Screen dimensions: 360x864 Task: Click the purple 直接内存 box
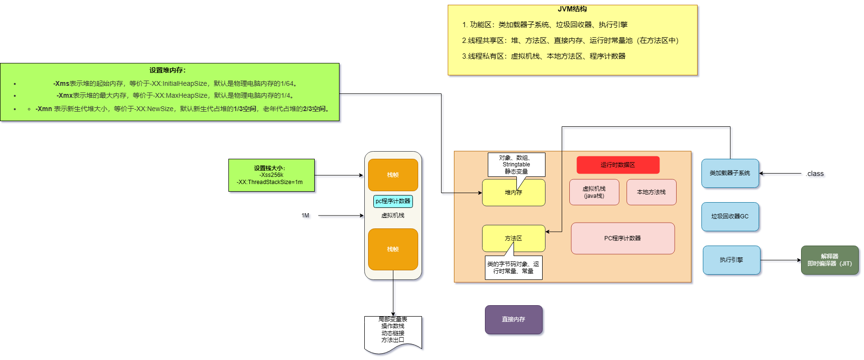pyautogui.click(x=514, y=319)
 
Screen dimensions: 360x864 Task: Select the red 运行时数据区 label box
pyautogui.click(x=618, y=165)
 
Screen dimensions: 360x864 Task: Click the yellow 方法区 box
pyautogui.click(x=514, y=238)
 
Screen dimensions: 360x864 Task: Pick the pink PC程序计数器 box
pyautogui.click(x=623, y=238)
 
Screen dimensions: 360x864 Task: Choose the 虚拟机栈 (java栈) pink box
pyautogui.click(x=594, y=192)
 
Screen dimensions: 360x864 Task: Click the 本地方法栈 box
pyautogui.click(x=651, y=192)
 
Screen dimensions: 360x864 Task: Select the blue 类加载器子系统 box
pyautogui.click(x=730, y=173)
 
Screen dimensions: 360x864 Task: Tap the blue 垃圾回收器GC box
pyautogui.click(x=730, y=216)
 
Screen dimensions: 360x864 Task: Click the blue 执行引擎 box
pyautogui.click(x=731, y=260)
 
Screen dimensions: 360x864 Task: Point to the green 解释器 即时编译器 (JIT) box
pyautogui.click(x=830, y=260)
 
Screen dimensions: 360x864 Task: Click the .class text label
pyautogui.click(x=815, y=174)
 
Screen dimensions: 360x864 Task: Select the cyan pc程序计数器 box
pyautogui.click(x=393, y=201)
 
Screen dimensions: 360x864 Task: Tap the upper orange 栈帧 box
pyautogui.click(x=393, y=175)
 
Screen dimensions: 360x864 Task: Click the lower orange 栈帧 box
pyautogui.click(x=393, y=249)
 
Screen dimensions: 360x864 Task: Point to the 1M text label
pyautogui.click(x=305, y=216)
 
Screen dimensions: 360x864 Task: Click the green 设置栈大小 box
pyautogui.click(x=271, y=175)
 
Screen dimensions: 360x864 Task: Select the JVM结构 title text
pyautogui.click(x=572, y=9)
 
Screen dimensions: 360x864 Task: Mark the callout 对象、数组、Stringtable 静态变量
pyautogui.click(x=516, y=165)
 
